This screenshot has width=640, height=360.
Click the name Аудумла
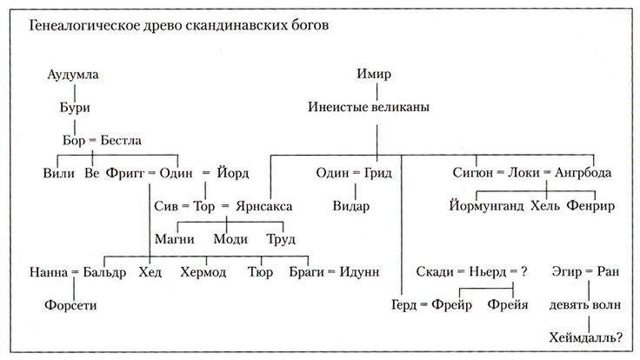(73, 75)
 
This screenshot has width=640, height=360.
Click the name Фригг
(124, 173)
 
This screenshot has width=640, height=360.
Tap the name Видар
(351, 206)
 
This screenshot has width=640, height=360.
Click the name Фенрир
(590, 206)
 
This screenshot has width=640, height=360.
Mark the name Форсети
(72, 305)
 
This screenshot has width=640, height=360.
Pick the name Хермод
(203, 272)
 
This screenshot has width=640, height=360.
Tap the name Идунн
(357, 272)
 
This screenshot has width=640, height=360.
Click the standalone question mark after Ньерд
(525, 272)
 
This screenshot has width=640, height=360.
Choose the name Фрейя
(509, 305)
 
